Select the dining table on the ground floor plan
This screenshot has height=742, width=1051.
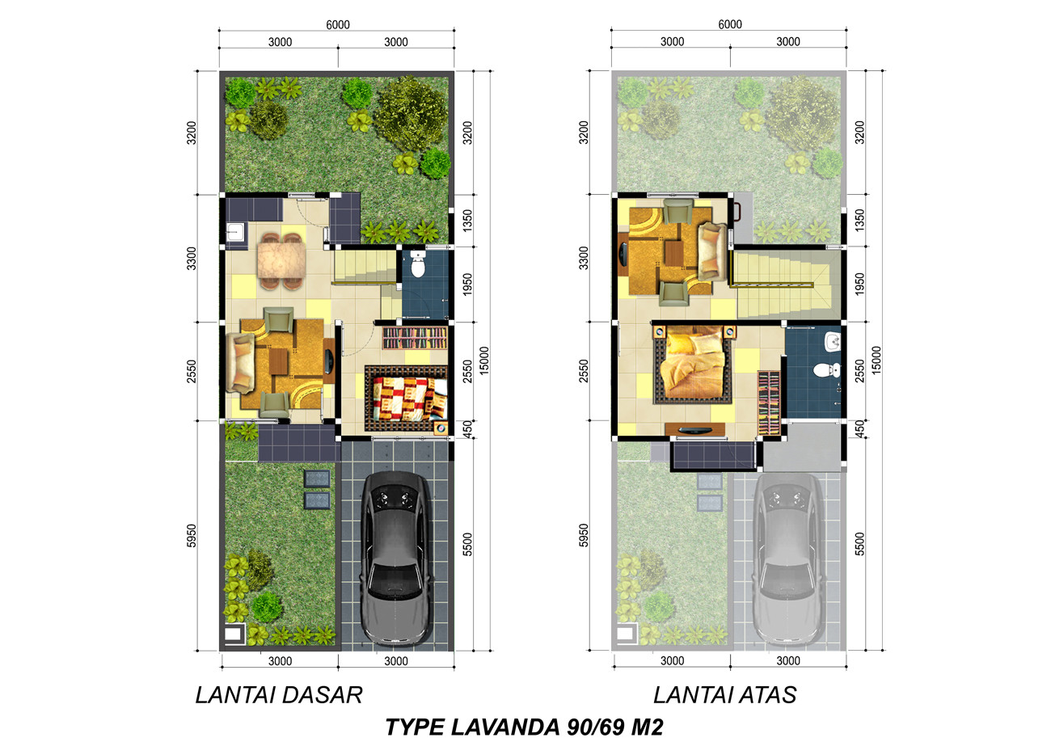(x=281, y=260)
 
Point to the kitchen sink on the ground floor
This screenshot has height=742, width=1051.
(x=236, y=233)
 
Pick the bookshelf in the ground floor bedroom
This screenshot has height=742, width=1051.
(x=415, y=338)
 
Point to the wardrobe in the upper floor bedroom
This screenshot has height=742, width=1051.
(x=769, y=403)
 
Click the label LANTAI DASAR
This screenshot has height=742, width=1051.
(x=278, y=695)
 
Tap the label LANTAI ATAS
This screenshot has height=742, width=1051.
(x=725, y=695)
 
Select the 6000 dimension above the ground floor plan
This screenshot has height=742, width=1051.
(x=338, y=25)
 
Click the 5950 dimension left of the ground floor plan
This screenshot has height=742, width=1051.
(x=192, y=536)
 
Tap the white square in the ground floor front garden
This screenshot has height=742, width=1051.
(x=234, y=634)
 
